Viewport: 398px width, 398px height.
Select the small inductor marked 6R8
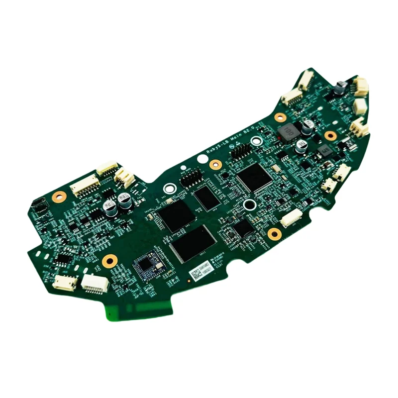[x=324, y=149]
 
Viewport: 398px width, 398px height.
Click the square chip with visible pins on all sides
[x=254, y=177]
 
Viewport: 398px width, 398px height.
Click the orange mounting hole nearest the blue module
[x=109, y=260]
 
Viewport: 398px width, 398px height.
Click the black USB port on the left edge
[x=38, y=204]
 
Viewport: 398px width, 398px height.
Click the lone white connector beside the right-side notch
[x=291, y=218]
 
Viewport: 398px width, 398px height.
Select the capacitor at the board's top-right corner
[x=340, y=88]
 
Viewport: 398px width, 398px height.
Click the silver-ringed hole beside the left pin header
[x=169, y=189]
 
